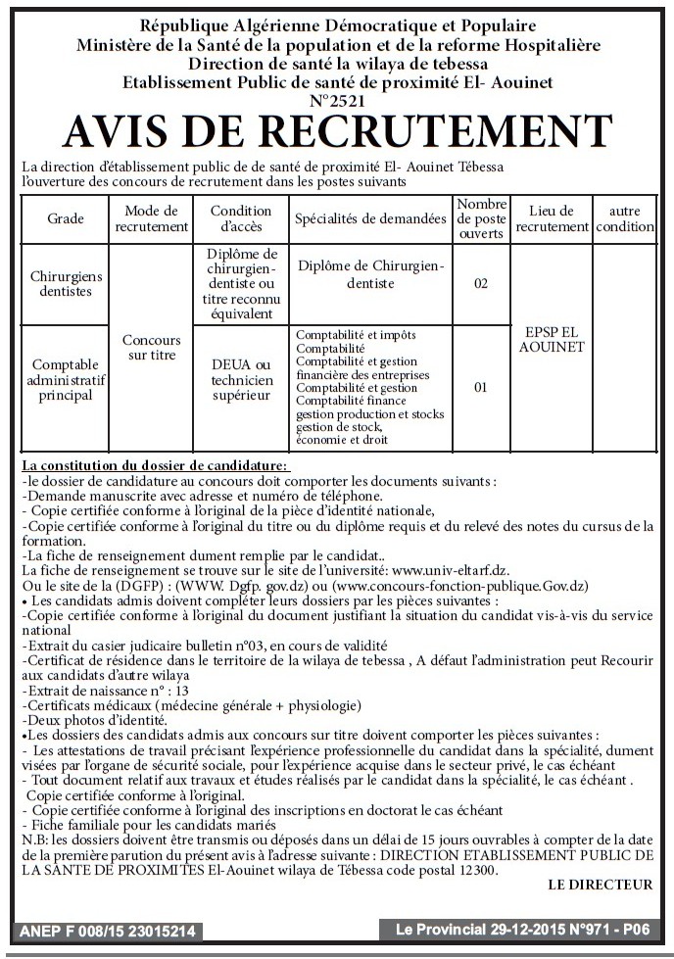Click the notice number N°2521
point(337,100)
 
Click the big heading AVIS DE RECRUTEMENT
point(337,131)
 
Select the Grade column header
point(66,218)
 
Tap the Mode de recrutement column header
point(151,218)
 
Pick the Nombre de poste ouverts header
point(481,218)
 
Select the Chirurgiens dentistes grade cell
point(66,284)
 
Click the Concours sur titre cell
point(151,347)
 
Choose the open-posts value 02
point(481,284)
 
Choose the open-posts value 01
point(481,387)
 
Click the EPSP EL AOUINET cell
point(553,339)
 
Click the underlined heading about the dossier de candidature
point(156,465)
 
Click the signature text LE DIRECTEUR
point(601,885)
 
